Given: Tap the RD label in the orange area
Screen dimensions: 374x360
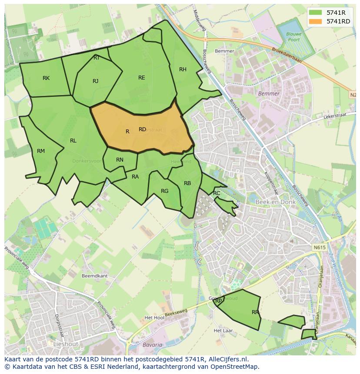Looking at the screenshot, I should click(143, 129).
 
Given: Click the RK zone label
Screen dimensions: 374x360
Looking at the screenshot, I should click(46, 78).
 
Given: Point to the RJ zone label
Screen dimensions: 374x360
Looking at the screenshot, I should click(96, 81).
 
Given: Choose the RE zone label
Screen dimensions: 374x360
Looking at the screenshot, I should click(142, 78).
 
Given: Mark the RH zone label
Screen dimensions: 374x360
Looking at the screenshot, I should click(183, 70).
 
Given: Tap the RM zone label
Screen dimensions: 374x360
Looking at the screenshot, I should click(41, 151).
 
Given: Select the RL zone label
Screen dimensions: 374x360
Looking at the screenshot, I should click(73, 141).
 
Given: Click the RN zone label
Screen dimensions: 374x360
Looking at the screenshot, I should click(120, 160).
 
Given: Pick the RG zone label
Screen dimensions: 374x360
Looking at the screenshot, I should click(164, 191).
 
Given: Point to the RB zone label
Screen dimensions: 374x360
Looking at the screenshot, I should click(187, 183).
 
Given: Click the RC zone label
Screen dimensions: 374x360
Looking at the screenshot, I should click(217, 193).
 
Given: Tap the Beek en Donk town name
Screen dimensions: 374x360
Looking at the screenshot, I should click(276, 202).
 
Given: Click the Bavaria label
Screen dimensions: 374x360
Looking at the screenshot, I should click(152, 345).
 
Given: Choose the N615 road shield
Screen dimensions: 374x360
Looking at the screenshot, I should click(319, 247).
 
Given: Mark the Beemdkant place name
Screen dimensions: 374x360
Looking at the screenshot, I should click(94, 276).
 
